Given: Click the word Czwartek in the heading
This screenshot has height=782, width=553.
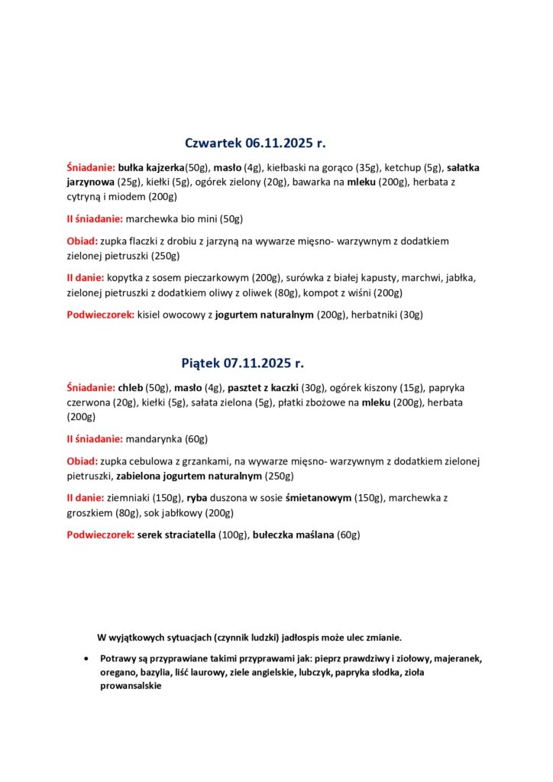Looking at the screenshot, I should coord(213,144).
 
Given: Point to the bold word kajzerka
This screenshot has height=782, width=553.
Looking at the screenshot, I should coord(163,168).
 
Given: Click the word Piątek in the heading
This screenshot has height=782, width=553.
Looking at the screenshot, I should coord(201,364).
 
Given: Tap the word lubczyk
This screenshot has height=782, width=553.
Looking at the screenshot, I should coord(312,672).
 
